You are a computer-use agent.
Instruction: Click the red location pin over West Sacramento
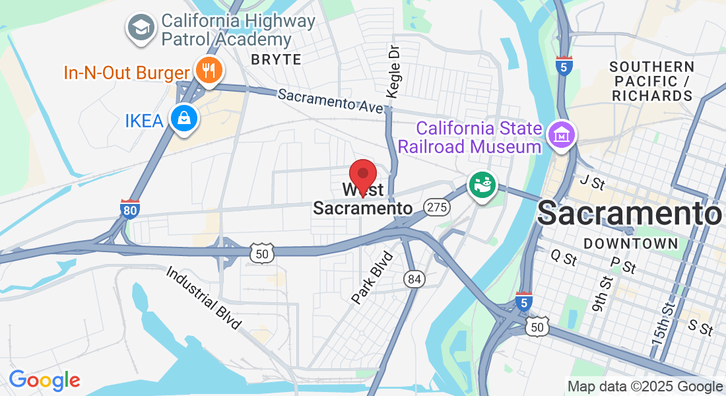(x=362, y=176)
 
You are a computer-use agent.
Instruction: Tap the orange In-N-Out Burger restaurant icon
(x=209, y=70)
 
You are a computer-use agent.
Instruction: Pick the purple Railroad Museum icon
(x=562, y=136)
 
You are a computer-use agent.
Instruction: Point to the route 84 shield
(x=414, y=280)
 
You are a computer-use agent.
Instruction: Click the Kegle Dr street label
(x=394, y=72)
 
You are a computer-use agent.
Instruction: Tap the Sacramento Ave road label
(x=330, y=100)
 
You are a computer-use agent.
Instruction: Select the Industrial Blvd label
(x=203, y=297)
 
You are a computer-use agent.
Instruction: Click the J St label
(x=592, y=182)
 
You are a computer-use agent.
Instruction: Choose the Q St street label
(x=563, y=258)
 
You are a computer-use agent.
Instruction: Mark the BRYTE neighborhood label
(x=276, y=59)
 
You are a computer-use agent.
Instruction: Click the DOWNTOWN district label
(x=631, y=244)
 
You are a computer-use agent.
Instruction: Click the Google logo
(x=44, y=380)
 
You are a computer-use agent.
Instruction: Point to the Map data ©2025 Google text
(x=645, y=387)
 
